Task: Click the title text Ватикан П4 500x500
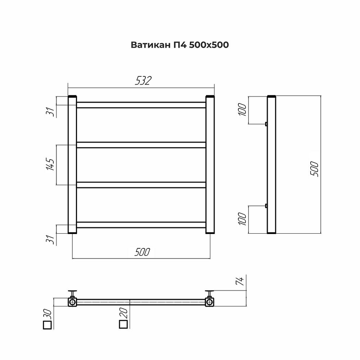pos(180,45)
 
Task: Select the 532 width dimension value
pos(143,81)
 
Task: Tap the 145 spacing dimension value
pos(51,165)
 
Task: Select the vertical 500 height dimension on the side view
pos(314,168)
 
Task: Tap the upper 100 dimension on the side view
pos(242,109)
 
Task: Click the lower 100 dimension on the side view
pos(242,219)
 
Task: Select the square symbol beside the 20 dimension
pos(123,325)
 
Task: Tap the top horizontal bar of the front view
pos(141,105)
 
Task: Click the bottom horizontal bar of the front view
pos(141,225)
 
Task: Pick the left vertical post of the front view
pos(72,165)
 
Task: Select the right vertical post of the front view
pos(210,165)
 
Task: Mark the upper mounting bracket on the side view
pos(266,124)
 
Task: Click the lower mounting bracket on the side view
pos(266,206)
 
